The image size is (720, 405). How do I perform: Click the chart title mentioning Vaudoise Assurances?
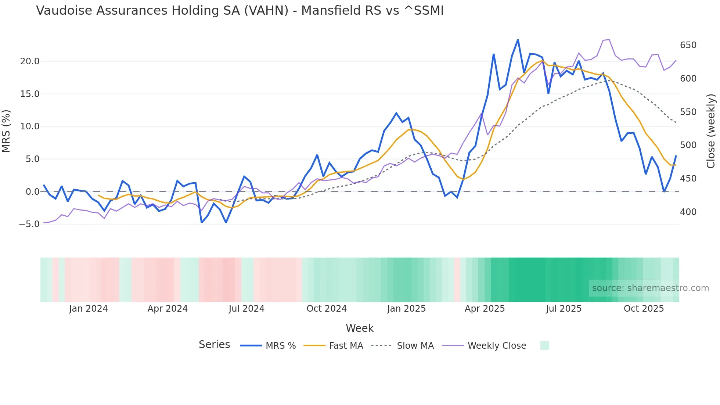click(x=240, y=11)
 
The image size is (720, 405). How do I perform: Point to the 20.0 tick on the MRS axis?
click(x=30, y=61)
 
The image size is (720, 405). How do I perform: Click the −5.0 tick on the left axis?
click(x=29, y=224)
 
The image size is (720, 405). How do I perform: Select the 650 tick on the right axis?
click(x=688, y=45)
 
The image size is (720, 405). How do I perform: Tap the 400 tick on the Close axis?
click(x=688, y=212)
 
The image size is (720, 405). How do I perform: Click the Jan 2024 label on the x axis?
click(x=88, y=309)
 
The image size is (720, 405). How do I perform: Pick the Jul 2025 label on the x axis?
click(x=564, y=309)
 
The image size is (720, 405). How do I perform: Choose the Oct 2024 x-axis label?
click(x=327, y=309)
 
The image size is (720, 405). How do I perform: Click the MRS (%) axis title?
click(x=6, y=131)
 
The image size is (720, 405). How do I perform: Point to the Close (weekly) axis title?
click(x=711, y=131)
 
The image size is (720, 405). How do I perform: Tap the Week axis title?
click(x=360, y=328)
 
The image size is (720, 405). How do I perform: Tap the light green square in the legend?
click(x=544, y=345)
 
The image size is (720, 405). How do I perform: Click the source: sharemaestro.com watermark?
click(x=650, y=288)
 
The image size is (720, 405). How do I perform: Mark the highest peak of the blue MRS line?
click(x=518, y=40)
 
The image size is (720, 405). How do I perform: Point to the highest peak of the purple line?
click(x=609, y=40)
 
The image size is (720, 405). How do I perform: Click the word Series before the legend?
click(x=214, y=345)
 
